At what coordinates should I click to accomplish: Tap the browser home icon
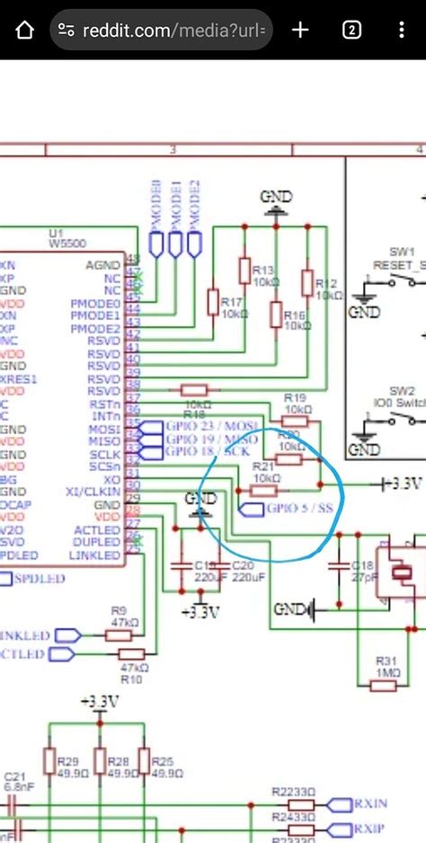[x=24, y=30]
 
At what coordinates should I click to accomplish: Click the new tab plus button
[x=300, y=30]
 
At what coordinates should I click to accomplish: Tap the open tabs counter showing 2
[x=352, y=30]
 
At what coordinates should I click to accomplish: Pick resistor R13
[x=244, y=271]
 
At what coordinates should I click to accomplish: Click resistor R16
[x=275, y=314]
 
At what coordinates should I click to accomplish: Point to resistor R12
[x=307, y=283]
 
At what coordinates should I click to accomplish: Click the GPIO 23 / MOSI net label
[x=211, y=425]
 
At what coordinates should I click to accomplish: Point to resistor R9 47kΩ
[x=119, y=634]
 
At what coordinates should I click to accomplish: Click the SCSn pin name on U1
[x=104, y=467]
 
